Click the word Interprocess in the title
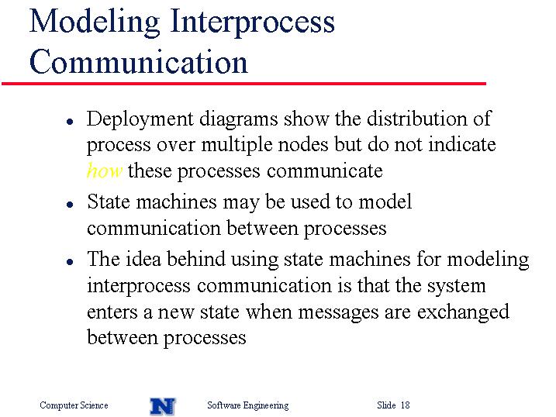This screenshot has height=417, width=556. [x=253, y=22]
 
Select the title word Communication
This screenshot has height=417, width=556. [x=139, y=62]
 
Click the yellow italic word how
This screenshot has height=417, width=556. [x=105, y=171]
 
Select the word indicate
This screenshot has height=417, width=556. [x=462, y=144]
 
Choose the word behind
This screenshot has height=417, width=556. [x=195, y=258]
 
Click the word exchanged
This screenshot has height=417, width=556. [x=463, y=312]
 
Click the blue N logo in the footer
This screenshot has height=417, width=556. [x=163, y=406]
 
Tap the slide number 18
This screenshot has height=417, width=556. [x=405, y=405]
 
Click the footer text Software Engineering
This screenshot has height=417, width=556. [x=248, y=405]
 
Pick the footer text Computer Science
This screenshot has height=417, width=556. [x=74, y=405]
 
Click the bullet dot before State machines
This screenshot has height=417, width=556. [x=70, y=205]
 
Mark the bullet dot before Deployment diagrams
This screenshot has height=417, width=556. [x=70, y=122]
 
